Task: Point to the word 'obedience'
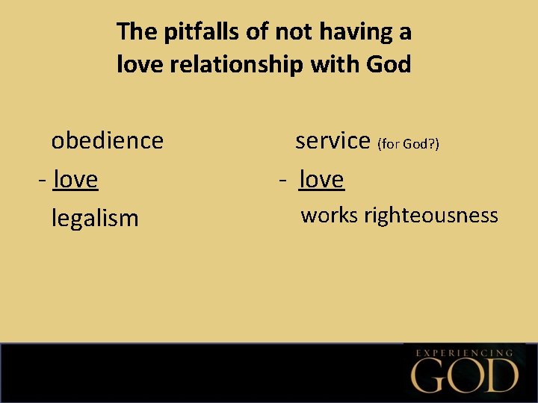click(x=107, y=140)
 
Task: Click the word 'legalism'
click(x=95, y=218)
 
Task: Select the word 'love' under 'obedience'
click(x=75, y=179)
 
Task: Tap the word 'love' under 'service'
click(x=321, y=179)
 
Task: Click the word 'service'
click(x=333, y=140)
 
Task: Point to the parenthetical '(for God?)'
click(x=408, y=143)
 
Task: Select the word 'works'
click(x=330, y=216)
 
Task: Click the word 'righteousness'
click(x=431, y=216)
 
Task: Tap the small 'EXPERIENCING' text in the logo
click(x=464, y=352)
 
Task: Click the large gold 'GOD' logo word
click(x=466, y=375)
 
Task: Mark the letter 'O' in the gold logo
click(x=466, y=375)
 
